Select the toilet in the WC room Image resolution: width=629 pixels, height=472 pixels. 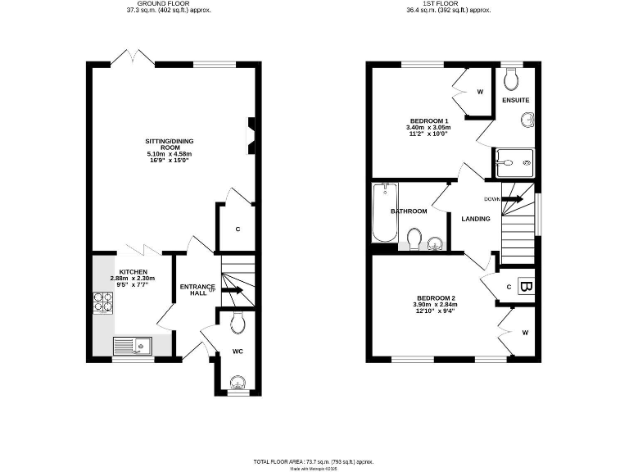(x=237, y=324)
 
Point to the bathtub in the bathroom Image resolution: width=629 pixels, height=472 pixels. (x=384, y=213)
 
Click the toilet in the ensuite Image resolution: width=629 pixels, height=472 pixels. (x=512, y=79)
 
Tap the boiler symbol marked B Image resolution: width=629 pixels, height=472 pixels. (x=527, y=287)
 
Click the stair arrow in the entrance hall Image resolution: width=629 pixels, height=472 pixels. (x=233, y=290)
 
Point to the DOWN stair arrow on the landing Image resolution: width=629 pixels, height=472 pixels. (x=512, y=199)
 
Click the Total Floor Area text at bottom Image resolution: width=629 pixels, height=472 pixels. (x=314, y=461)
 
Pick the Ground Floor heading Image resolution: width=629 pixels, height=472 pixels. (x=157, y=3)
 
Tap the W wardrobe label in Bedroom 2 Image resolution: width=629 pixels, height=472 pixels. (x=524, y=332)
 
